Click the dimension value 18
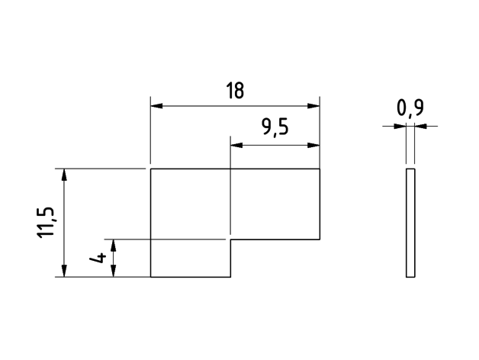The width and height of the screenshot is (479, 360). point(235,91)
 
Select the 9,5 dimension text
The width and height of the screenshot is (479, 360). point(275,127)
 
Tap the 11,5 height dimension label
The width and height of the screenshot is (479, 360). point(46,222)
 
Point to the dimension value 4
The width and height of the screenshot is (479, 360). point(98,259)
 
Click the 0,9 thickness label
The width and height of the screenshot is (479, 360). point(410,108)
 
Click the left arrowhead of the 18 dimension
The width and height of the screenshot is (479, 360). point(156,106)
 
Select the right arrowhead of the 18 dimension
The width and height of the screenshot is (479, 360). point(313,106)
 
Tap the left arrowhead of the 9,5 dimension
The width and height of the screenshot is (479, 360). point(236,145)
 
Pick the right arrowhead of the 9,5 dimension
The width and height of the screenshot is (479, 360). point(313,145)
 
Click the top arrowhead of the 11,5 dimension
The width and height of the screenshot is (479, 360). point(64,175)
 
